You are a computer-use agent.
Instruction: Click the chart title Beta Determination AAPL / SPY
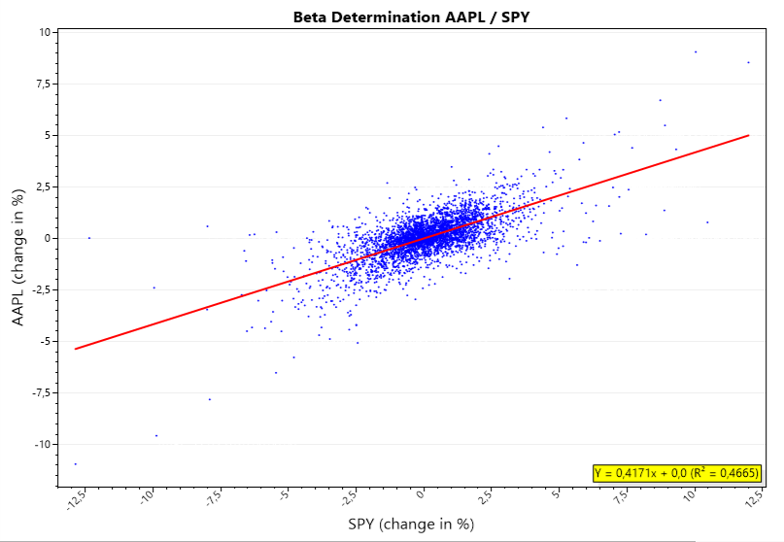(x=411, y=17)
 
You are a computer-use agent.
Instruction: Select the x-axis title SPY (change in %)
(x=411, y=525)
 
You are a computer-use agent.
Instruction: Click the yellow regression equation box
(x=677, y=473)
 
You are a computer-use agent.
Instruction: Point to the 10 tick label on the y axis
(x=45, y=32)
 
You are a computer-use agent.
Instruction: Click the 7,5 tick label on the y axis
(x=43, y=84)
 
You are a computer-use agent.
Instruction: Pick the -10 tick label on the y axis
(x=43, y=444)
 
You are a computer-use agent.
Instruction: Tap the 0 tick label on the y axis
(x=48, y=238)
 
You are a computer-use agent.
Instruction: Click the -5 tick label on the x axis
(x=283, y=497)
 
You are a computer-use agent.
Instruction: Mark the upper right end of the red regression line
(x=749, y=135)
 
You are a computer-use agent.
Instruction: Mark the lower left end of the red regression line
(x=76, y=349)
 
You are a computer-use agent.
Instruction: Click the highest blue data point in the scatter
(x=696, y=51)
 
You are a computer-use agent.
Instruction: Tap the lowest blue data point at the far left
(x=76, y=464)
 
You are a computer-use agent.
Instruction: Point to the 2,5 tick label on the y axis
(x=43, y=186)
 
